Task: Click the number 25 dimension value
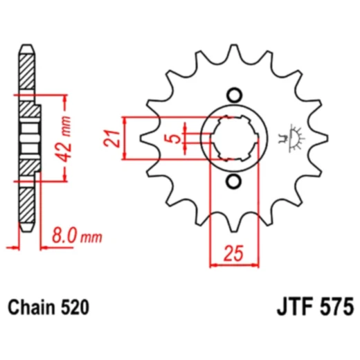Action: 233,255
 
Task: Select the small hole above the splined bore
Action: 233,95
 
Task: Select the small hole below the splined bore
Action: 233,182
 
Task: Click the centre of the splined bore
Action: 233,138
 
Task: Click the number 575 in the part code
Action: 336,306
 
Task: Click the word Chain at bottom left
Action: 32,306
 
